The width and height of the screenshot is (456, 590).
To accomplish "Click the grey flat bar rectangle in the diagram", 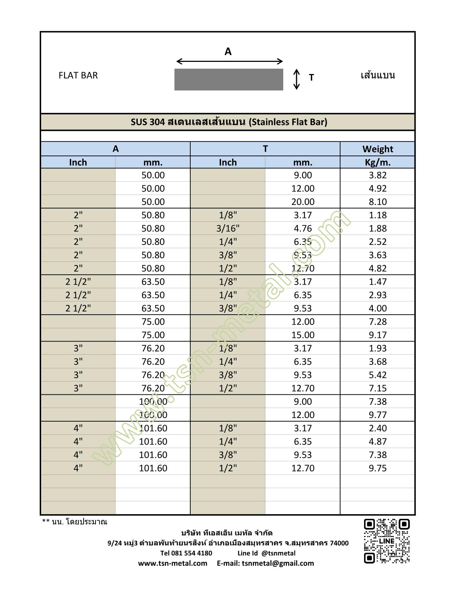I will coord(229,79).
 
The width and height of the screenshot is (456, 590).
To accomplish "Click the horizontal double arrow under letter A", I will coord(230,62).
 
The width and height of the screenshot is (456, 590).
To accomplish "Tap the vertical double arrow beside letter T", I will coord(296,79).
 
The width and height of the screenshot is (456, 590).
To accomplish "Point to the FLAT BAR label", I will coord(78,75).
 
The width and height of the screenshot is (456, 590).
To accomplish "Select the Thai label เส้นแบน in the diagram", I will coord(378,75).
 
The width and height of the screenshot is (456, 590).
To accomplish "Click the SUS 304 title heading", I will coord(229,122).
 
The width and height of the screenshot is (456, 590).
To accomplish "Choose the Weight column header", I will coord(377,149).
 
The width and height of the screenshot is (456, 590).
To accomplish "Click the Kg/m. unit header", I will coord(377,162).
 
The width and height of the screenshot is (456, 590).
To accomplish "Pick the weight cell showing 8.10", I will coord(377,202).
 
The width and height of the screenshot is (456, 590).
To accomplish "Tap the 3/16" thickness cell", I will coord(228,228).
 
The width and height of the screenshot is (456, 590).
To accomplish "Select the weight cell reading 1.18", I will coord(377,215).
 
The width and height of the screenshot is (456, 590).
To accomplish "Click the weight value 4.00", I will coord(377,308).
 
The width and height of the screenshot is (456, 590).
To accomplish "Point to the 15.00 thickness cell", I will coord(303,335).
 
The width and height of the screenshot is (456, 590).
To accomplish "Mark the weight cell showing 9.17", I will coord(377,335).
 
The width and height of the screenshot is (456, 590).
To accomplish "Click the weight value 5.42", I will coord(377,375).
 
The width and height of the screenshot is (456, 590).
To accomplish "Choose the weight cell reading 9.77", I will coord(377,415).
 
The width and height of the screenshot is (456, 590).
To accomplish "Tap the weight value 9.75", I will coord(377,468).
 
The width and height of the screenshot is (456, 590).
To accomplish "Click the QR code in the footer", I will coord(387,541).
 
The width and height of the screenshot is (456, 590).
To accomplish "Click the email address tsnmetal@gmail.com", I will coord(278,563).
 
